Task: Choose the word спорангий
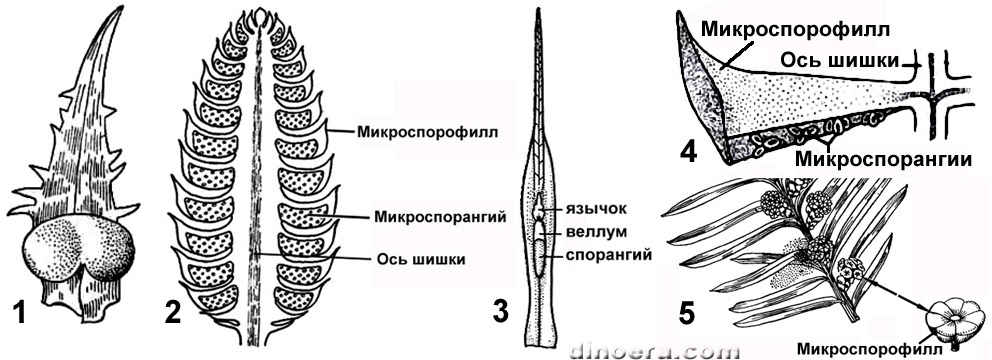[607, 255]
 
